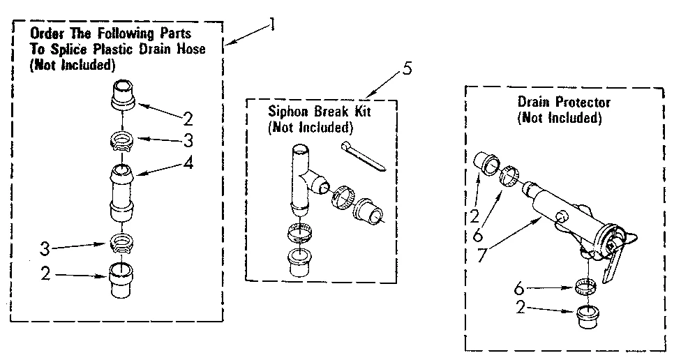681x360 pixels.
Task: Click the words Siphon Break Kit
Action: (x=309, y=112)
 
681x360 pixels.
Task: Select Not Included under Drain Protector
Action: (x=559, y=118)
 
